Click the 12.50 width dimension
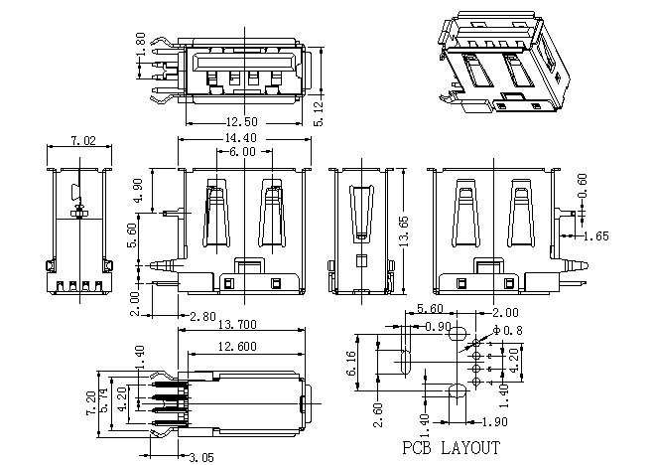pos(242,122)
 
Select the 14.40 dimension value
pos(241,137)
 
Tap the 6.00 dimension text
pos(242,151)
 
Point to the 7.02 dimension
pos(82,140)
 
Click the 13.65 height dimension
pos(404,232)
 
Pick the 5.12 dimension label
pos(319,113)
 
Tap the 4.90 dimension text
pos(138,190)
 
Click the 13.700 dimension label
pos(237,325)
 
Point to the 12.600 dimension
pos(237,346)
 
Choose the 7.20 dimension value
pos(91,403)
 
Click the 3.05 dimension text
pos(201,457)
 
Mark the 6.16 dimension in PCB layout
pos(351,363)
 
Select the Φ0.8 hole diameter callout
pos(508,330)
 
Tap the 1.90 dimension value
pos(494,422)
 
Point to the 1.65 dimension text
pos(596,236)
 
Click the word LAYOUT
pos(470,448)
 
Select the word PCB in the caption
pos(417,448)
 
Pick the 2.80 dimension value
pos(202,316)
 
